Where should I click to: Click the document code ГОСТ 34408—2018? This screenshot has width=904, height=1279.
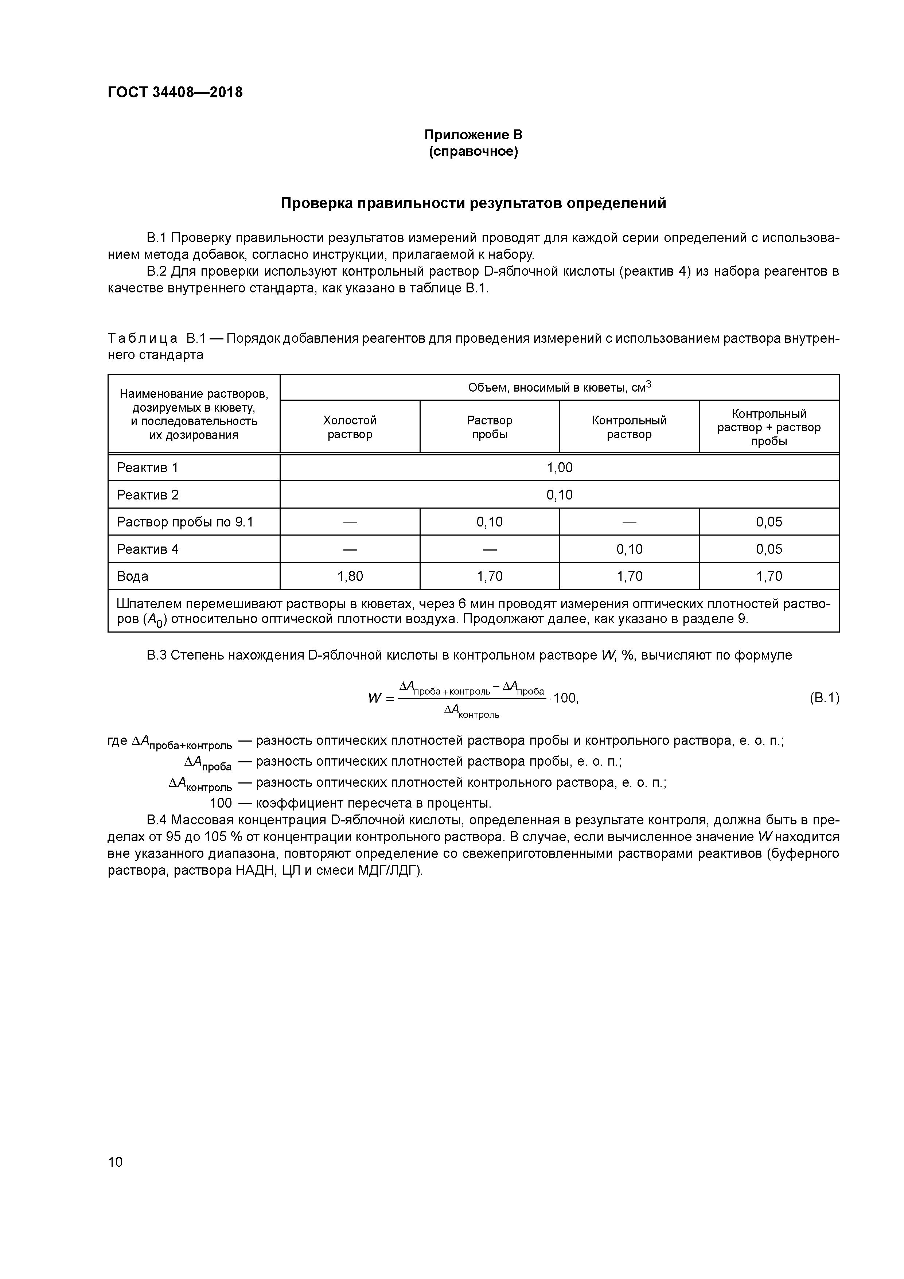(175, 93)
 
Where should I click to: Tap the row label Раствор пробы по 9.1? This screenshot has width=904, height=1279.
(184, 522)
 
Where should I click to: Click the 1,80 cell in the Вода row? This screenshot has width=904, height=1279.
(350, 576)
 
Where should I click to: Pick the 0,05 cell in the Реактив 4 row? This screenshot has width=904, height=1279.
(769, 549)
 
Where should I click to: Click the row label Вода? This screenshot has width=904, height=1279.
(133, 576)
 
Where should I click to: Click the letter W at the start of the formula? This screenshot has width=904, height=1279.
(374, 698)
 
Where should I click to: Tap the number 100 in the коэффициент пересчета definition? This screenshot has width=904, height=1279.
(221, 803)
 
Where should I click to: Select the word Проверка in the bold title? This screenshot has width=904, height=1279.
(316, 203)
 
